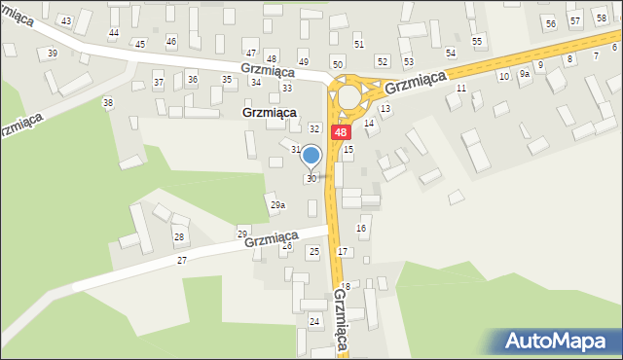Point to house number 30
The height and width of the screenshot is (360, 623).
[311, 179]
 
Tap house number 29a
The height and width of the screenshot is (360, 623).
[277, 205]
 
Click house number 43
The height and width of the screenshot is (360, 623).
[66, 20]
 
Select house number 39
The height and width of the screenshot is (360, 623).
[52, 53]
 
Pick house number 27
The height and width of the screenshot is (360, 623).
[182, 261]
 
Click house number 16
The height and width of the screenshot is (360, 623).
[362, 228]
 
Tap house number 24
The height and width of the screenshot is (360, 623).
[314, 320]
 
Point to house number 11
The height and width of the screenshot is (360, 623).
[461, 89]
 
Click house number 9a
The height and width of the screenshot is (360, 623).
[525, 73]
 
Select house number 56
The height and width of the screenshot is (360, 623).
[551, 23]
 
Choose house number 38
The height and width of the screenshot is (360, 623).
[108, 102]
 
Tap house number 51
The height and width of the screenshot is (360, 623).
[359, 45]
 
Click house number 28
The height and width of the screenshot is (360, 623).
[179, 237]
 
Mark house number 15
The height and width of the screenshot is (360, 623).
[348, 150]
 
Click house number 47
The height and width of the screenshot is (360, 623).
[251, 53]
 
